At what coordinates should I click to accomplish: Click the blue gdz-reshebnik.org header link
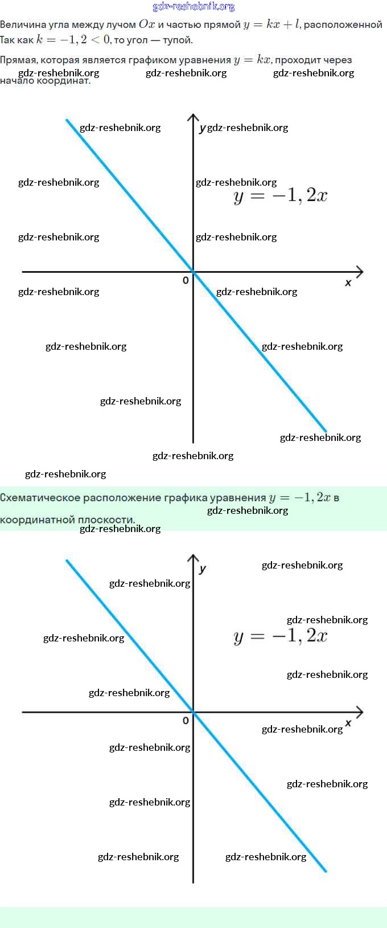pyautogui.click(x=193, y=6)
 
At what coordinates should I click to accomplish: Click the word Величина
pyautogui.click(x=21, y=25)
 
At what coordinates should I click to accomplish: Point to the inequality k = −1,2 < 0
pyautogui.click(x=73, y=40)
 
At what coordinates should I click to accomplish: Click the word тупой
pyautogui.click(x=178, y=40)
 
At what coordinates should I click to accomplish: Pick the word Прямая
pyautogui.click(x=18, y=60)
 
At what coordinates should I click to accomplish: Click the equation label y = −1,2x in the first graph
pyautogui.click(x=280, y=196)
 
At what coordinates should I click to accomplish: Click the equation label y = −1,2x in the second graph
pyautogui.click(x=280, y=636)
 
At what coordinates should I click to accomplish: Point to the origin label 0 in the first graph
pyautogui.click(x=186, y=280)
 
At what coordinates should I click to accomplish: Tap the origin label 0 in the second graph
pyautogui.click(x=186, y=721)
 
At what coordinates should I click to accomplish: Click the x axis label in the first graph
pyautogui.click(x=348, y=283)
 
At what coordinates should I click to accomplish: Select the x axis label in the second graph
pyautogui.click(x=348, y=723)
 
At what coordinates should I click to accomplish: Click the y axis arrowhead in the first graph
pyautogui.click(x=193, y=117)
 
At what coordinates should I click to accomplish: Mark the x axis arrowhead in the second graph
pyautogui.click(x=360, y=712)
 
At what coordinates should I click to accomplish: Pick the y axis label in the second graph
pyautogui.click(x=203, y=569)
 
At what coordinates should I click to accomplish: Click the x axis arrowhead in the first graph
pyautogui.click(x=360, y=272)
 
